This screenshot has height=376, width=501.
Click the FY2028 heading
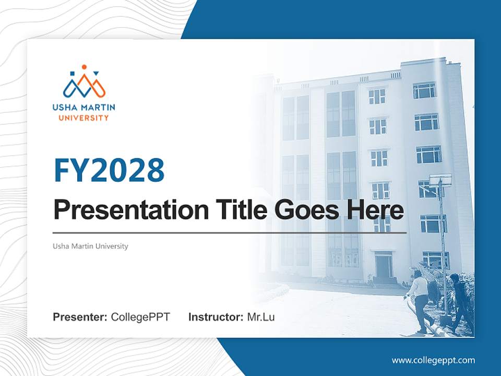[x=109, y=170]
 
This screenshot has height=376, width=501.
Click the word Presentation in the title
[x=131, y=209]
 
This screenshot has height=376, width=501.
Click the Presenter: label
[x=80, y=317]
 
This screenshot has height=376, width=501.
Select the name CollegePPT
[x=140, y=317]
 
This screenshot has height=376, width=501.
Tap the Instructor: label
[x=216, y=317]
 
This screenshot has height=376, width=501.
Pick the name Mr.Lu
[x=261, y=317]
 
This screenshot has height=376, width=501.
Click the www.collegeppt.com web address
[x=433, y=361]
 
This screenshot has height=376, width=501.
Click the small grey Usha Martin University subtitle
[x=90, y=246]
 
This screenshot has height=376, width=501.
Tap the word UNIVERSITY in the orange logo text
[x=83, y=118]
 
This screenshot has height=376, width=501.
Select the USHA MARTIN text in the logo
[x=83, y=108]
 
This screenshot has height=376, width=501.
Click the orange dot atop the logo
[x=85, y=67]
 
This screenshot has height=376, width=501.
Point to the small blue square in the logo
[x=72, y=74]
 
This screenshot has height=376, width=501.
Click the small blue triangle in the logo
[x=97, y=74]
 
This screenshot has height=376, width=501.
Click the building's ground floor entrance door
[x=384, y=265]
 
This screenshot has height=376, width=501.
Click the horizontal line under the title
[x=230, y=233]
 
